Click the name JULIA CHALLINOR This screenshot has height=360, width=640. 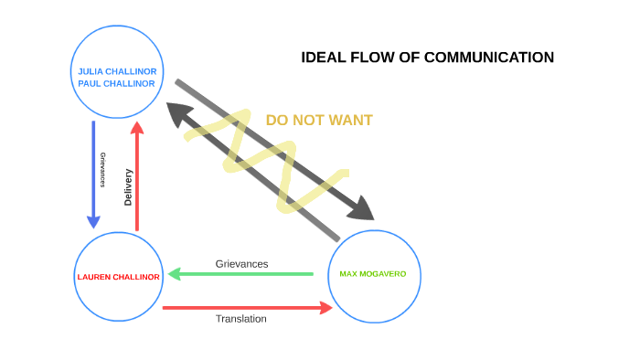click(x=117, y=70)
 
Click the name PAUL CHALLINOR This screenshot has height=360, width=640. click(x=117, y=83)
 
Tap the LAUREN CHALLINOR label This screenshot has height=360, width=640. click(x=118, y=277)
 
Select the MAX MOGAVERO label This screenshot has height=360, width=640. click(x=374, y=274)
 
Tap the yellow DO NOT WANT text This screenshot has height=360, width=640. click(x=319, y=120)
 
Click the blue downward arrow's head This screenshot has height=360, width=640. click(x=93, y=221)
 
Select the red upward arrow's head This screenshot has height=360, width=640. click(x=136, y=128)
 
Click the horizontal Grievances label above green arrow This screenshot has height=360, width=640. click(x=241, y=263)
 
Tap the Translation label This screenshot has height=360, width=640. click(x=241, y=319)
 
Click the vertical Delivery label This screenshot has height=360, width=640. click(x=128, y=187)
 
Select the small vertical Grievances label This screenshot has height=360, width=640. click(x=103, y=169)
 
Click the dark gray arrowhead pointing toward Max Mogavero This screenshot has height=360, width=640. click(x=363, y=209)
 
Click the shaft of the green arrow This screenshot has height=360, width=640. click(x=247, y=273)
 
